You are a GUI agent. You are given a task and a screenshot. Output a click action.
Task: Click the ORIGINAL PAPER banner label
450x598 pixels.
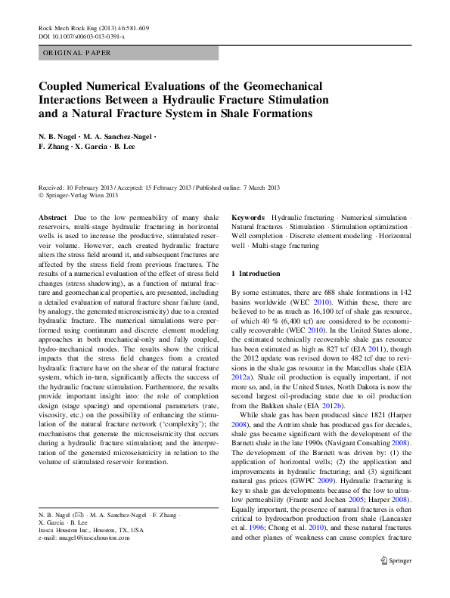tap(77, 54)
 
